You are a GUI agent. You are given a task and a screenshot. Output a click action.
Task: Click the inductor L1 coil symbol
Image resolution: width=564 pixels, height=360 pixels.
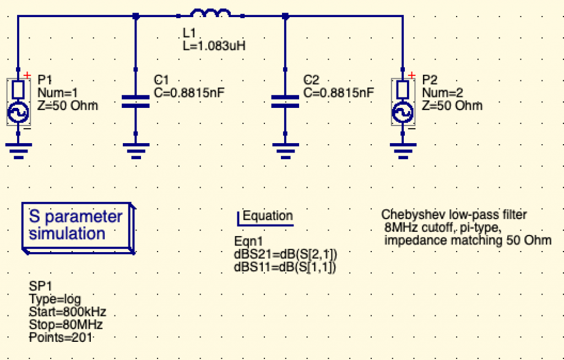coord(210,13)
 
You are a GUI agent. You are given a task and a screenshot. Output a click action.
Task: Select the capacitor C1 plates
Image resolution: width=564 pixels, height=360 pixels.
coord(135,101)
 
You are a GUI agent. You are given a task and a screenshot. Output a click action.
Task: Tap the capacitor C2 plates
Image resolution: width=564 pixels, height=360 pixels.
coord(285,101)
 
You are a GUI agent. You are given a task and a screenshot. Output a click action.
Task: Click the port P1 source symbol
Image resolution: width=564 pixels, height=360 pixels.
coord(18,102)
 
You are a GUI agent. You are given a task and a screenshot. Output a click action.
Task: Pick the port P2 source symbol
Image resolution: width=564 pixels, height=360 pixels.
coord(403,102)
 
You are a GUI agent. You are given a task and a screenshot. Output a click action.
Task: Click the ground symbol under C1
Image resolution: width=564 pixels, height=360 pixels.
coord(136,151)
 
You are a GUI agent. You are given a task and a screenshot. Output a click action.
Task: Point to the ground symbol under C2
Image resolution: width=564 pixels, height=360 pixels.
coord(286,151)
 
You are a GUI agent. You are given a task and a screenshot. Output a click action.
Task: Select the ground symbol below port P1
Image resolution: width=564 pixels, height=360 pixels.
coord(19,151)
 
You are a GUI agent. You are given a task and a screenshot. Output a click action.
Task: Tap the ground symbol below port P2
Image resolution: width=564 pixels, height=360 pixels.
coord(403,151)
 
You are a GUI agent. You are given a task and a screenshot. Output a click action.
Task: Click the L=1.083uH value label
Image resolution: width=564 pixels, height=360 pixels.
coord(214,46)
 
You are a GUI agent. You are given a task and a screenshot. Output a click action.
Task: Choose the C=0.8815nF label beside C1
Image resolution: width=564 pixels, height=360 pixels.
coord(189,92)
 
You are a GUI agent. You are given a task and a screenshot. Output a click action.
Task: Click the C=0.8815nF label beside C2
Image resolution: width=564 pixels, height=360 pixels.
coord(339,92)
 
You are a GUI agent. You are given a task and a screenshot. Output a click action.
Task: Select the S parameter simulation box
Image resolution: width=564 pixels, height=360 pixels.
coord(78,228)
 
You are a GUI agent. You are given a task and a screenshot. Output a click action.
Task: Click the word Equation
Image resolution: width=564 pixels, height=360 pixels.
coord(268,215)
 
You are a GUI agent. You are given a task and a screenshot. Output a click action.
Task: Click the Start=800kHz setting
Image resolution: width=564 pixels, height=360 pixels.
coord(68,312)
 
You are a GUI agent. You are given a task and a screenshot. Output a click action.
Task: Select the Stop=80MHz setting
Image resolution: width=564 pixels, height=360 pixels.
coord(66,324)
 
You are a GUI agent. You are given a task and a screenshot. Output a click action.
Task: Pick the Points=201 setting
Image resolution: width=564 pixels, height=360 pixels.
coord(61,337)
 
